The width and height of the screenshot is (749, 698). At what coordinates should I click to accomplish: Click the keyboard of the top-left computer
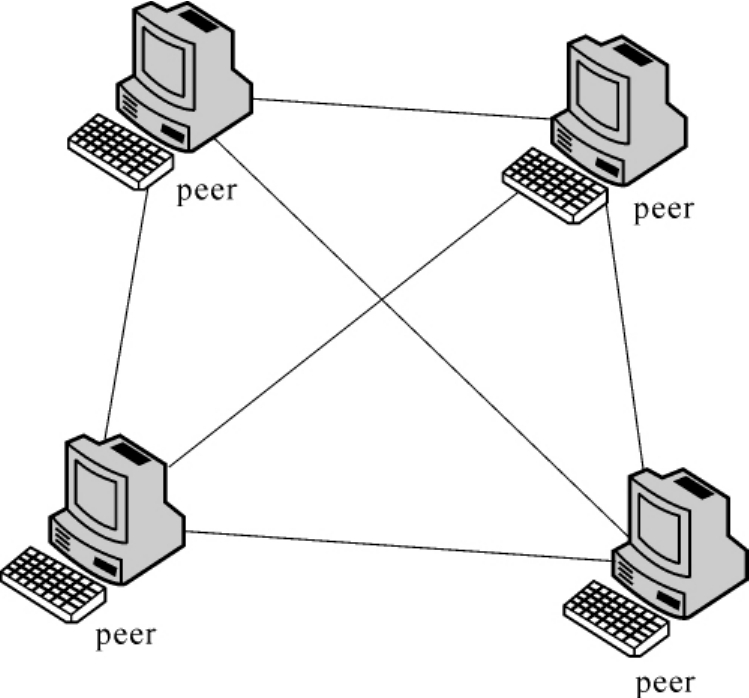pos(120,151)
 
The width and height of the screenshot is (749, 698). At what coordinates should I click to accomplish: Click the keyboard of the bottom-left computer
pos(53,584)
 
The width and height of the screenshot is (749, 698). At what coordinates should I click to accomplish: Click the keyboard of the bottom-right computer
pos(615,617)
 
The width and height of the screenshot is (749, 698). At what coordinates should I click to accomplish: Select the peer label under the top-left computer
pos(207,190)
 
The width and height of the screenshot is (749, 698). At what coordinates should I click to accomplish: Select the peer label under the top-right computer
pos(664,210)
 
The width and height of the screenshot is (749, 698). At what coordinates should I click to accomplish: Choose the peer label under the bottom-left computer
pos(126,636)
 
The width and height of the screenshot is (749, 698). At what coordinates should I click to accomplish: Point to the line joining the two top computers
pos(400,109)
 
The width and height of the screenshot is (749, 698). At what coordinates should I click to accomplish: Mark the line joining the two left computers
pos(126,310)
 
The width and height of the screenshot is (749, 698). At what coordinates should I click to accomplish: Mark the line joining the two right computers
pos(625,330)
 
